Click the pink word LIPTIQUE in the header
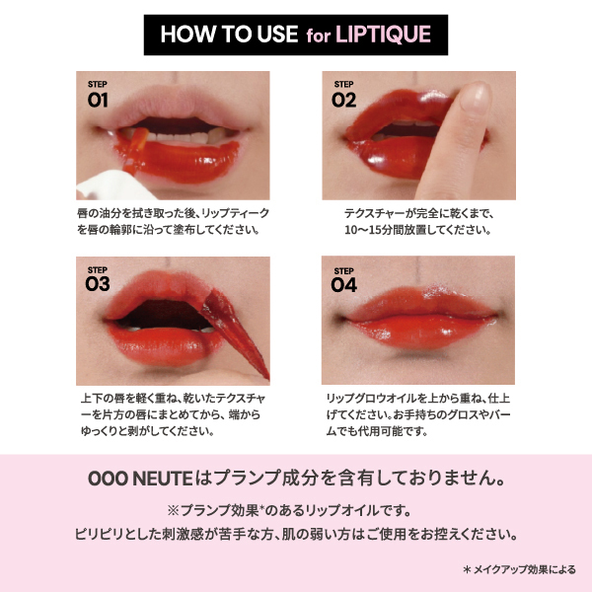[384, 35]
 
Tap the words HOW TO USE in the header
[228, 35]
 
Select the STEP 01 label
[97, 95]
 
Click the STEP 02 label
[343, 95]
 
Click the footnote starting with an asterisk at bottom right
[519, 569]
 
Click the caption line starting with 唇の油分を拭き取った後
[172, 212]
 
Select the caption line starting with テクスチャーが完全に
[420, 212]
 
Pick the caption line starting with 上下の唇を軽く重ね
[172, 398]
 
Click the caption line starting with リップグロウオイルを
[420, 398]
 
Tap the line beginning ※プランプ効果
[296, 509]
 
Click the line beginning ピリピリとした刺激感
[296, 534]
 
